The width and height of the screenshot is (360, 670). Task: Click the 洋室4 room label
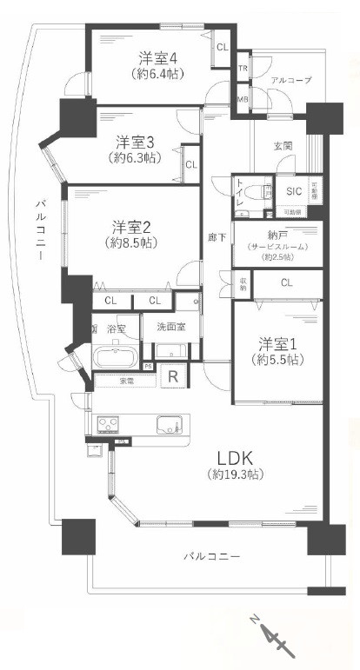pos(158,58)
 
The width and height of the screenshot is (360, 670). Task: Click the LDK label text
pos(235,457)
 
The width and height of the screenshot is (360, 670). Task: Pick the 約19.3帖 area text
pos(236,474)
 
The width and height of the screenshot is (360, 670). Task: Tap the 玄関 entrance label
pos(283,146)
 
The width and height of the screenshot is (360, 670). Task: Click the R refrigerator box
pos(174,377)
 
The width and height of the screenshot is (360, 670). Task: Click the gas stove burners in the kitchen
pos(110,424)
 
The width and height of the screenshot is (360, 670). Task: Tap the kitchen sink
pos(169,424)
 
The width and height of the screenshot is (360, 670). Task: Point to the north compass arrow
pos(276,640)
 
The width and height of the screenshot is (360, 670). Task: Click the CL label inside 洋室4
pos(222,48)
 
